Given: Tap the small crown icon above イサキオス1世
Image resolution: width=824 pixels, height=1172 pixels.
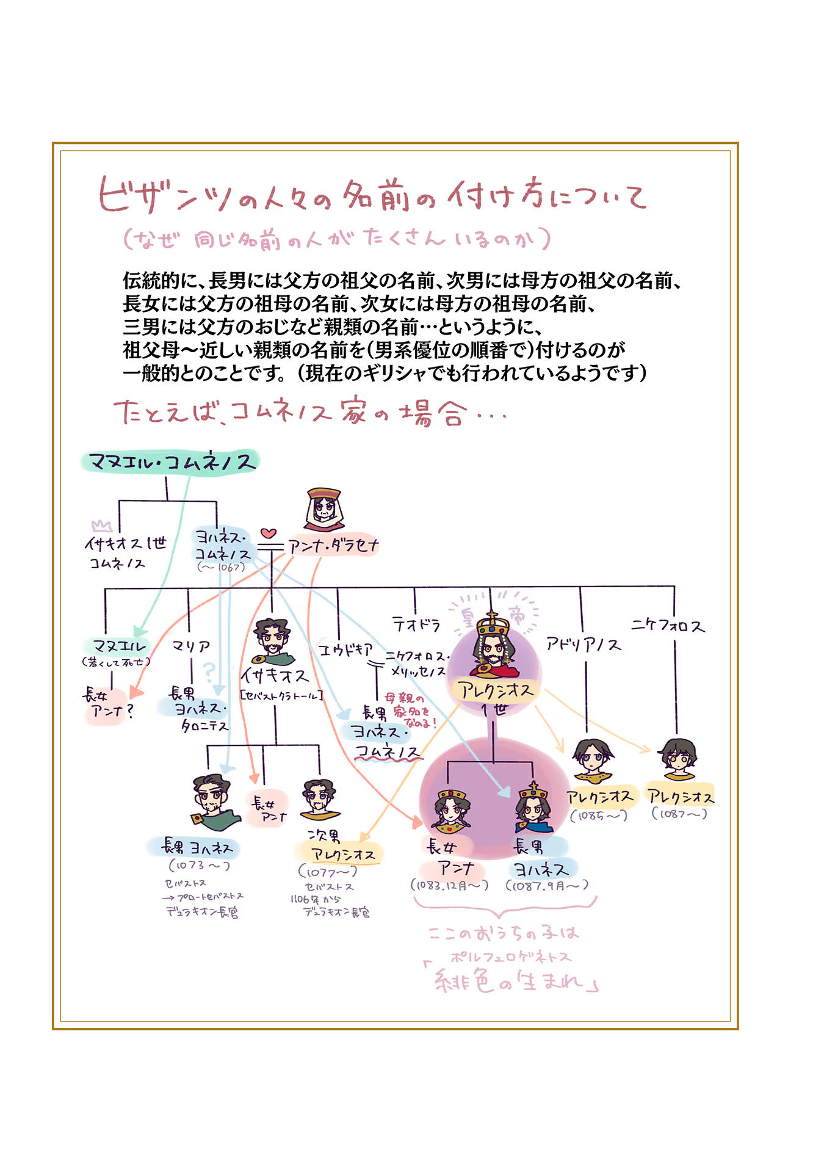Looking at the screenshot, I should point(101,526).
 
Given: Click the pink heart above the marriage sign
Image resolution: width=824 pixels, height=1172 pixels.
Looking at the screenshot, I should point(269,533).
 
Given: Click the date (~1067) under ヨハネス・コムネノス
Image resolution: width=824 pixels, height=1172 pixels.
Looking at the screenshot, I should point(222,567).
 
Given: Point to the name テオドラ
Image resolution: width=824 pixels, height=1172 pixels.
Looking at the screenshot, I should point(416,624).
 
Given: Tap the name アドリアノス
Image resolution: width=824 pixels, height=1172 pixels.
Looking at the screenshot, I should point(584,644).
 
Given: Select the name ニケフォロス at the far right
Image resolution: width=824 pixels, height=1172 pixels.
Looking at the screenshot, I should point(668,625).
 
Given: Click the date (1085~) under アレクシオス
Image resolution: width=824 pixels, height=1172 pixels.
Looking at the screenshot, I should point(599,816).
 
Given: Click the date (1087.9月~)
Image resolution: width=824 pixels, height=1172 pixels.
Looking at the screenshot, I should point(547,885).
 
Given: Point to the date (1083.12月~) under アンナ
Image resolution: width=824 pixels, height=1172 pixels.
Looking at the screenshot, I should point(450,885).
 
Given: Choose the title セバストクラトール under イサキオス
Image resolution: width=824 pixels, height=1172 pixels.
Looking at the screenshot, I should point(281,695).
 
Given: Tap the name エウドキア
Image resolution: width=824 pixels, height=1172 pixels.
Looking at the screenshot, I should point(345,650).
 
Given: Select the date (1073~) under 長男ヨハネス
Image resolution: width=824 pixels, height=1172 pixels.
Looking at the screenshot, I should point(199,866).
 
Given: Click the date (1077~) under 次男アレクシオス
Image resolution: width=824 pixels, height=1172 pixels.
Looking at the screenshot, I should point(328,872).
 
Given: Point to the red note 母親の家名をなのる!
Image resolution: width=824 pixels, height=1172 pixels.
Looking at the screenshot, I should point(411,709).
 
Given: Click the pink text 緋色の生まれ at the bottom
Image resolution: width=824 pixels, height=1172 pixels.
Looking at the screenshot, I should point(511,982).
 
